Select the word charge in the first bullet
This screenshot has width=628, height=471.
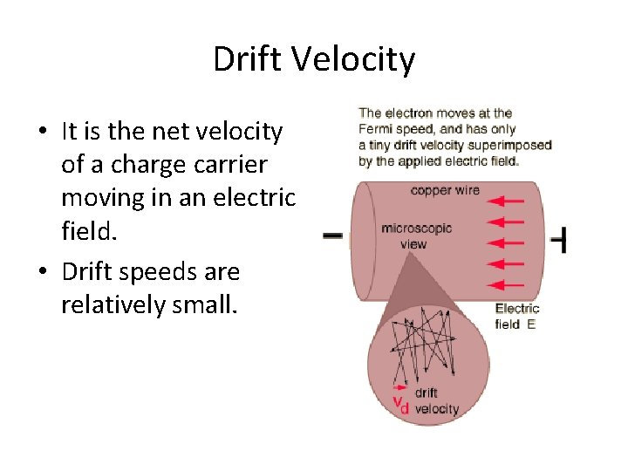tap(136, 165)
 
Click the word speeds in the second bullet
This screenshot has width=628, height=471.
tap(162, 272)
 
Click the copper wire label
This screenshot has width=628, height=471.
tap(445, 190)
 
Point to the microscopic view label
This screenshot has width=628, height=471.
tap(416, 236)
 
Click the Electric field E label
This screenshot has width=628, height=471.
tap(517, 316)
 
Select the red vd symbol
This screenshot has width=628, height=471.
tap(401, 403)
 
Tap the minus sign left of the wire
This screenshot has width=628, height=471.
tap(332, 235)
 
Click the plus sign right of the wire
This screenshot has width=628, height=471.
tap(560, 239)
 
